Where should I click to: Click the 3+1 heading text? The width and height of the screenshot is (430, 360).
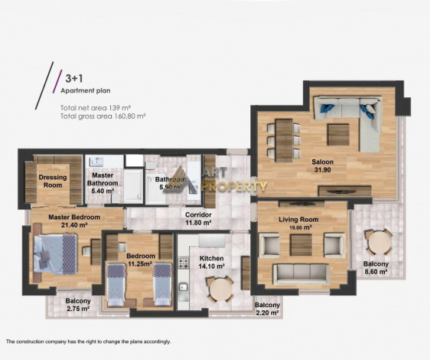pyautogui.click(x=74, y=78)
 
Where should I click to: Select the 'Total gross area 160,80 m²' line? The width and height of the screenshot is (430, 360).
pyautogui.click(x=103, y=116)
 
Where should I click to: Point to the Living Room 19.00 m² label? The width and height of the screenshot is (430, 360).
pyautogui.click(x=299, y=223)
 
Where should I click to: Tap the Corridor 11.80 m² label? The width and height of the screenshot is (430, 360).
pyautogui.click(x=199, y=219)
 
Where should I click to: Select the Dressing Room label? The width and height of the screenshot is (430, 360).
pyautogui.click(x=53, y=181)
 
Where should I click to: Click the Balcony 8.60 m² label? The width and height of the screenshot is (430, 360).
pyautogui.click(x=376, y=267)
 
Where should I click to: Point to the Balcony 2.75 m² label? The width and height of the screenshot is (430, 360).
pyautogui.click(x=78, y=305)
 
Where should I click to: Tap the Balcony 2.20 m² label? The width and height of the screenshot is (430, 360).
pyautogui.click(x=267, y=309)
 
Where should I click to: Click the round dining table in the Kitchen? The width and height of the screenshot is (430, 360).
pyautogui.click(x=220, y=289)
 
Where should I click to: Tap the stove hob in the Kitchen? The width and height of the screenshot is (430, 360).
pyautogui.click(x=183, y=263)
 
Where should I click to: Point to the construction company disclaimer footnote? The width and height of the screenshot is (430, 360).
pyautogui.click(x=88, y=342)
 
